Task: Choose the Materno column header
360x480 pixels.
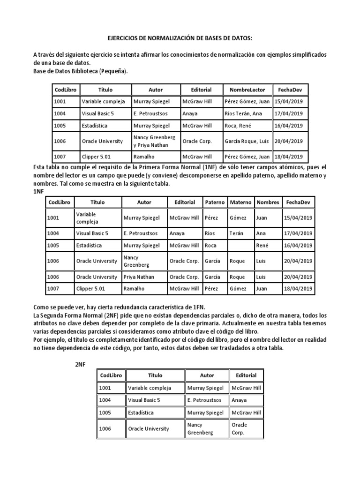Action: click(240, 202)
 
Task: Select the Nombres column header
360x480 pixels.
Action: click(268, 202)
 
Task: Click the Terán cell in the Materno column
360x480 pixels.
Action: click(238, 233)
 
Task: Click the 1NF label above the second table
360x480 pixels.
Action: click(39, 192)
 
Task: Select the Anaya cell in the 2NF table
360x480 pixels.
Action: click(240, 400)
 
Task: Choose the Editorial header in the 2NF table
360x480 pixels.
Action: click(246, 375)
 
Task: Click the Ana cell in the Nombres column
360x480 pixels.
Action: click(262, 233)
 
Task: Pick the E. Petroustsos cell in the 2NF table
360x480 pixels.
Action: click(204, 400)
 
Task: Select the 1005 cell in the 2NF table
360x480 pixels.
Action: click(106, 412)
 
